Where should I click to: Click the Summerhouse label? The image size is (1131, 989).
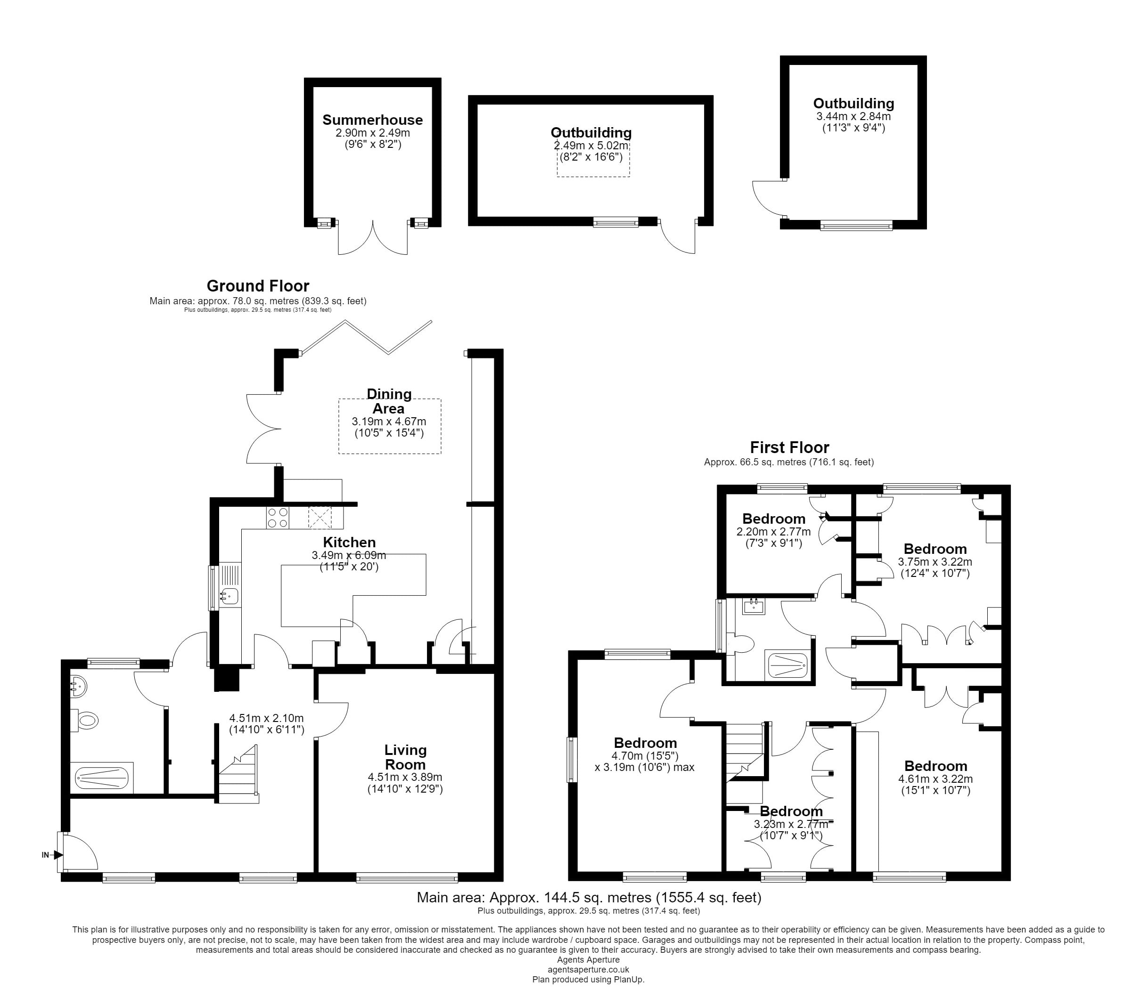point(372,120)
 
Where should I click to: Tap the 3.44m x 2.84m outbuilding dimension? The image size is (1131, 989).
point(853,116)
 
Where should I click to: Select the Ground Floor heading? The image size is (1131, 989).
point(258,286)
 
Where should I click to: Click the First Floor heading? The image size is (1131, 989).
point(789,447)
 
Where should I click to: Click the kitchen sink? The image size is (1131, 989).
point(229,596)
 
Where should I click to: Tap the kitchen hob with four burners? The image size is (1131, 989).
point(277,517)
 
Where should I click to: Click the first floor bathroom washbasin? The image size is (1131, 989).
point(753,607)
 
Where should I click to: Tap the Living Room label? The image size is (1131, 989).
point(405,757)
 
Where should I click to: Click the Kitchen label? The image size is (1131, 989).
point(349,542)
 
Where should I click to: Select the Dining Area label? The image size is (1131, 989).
point(389,401)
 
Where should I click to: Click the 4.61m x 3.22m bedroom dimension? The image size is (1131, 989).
point(935,779)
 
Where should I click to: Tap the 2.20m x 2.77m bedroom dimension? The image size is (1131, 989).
point(773,532)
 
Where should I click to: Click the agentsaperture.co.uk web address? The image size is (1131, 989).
point(588,969)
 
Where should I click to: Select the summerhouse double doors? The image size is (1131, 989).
point(373,237)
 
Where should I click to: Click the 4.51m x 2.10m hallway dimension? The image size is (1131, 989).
point(266,718)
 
